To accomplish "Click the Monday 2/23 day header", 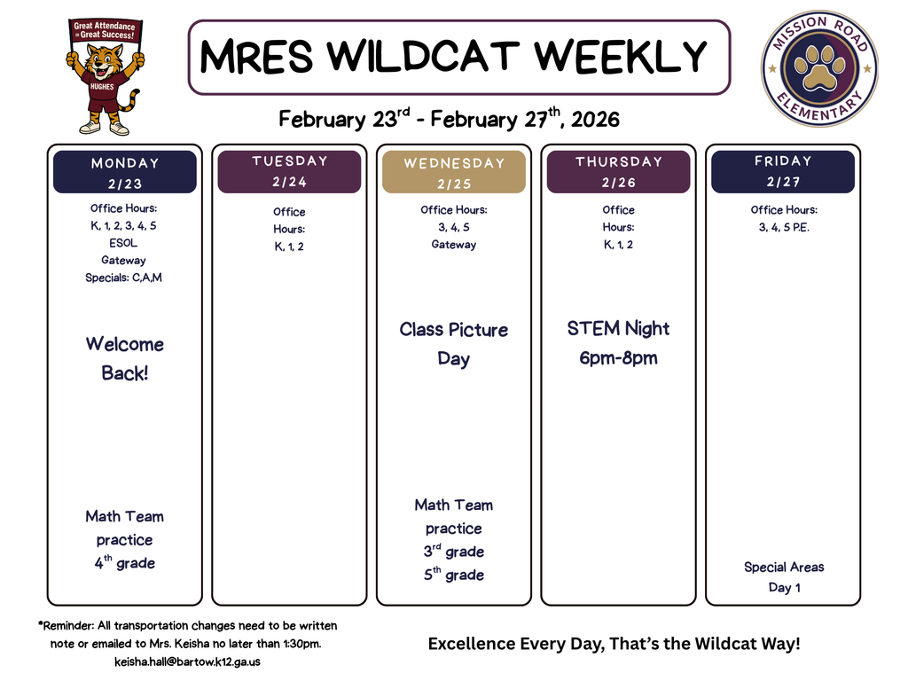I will click(125, 172).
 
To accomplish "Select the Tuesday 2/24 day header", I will click(289, 171).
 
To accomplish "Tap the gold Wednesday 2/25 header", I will click(454, 173).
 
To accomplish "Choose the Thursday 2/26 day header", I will click(618, 171).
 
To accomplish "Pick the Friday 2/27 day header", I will click(783, 171).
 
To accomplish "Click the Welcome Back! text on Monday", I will click(125, 358).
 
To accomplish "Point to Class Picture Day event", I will click(453, 344).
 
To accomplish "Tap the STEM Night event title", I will click(618, 329).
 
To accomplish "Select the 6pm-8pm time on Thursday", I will click(618, 359).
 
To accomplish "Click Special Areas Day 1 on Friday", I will click(784, 577).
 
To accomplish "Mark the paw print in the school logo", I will click(819, 68).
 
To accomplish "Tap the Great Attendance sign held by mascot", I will click(105, 31).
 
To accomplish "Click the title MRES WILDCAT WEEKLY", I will click(454, 58).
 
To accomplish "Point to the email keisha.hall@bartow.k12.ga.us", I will click(187, 661).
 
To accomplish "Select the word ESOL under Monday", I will click(124, 243).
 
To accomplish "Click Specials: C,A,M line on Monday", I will click(124, 278).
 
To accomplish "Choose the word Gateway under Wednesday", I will click(453, 245).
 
